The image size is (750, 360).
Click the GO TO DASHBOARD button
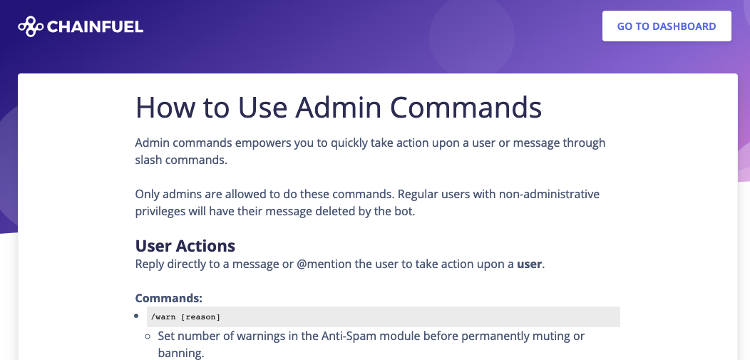[x=667, y=26]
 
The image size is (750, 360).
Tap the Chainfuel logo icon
[x=31, y=26]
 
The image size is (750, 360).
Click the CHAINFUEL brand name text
[x=96, y=27]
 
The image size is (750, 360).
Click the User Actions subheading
[x=185, y=245]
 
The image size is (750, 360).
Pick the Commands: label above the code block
[x=169, y=298]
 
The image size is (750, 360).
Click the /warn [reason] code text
[x=185, y=317]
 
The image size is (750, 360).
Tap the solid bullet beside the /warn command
[x=136, y=316]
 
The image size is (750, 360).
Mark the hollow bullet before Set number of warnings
[x=148, y=336]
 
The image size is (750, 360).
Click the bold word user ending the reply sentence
[x=530, y=264]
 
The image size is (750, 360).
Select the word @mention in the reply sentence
[x=324, y=264]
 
